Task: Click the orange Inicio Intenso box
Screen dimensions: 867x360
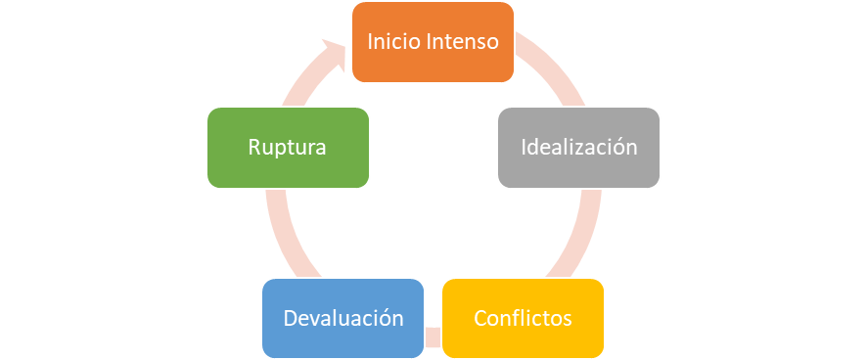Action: pyautogui.click(x=433, y=42)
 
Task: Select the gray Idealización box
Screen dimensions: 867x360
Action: pyautogui.click(x=579, y=148)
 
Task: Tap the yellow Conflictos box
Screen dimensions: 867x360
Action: pyautogui.click(x=523, y=319)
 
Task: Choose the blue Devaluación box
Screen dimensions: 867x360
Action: pyautogui.click(x=342, y=319)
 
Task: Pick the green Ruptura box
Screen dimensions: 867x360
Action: pyautogui.click(x=288, y=148)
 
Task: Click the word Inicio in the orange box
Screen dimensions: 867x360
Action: pyautogui.click(x=388, y=42)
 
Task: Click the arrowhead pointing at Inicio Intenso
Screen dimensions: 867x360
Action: pyautogui.click(x=333, y=52)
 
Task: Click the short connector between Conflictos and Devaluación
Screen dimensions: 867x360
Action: pyautogui.click(x=433, y=337)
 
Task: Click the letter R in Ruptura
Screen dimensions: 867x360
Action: pyautogui.click(x=253, y=148)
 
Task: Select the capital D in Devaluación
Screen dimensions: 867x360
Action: pyautogui.click(x=291, y=319)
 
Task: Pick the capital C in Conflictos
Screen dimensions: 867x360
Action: pyautogui.click(x=481, y=319)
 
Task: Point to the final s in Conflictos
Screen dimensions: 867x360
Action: pyautogui.click(x=568, y=321)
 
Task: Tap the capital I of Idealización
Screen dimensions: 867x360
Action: pyautogui.click(x=524, y=148)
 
